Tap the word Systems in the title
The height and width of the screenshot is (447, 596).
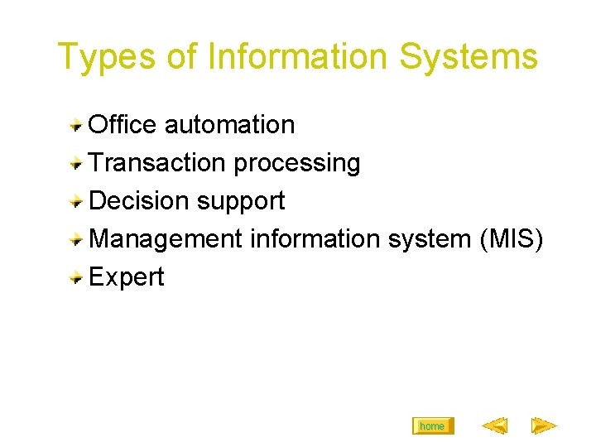click(x=469, y=58)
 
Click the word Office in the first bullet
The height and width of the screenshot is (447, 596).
click(x=123, y=125)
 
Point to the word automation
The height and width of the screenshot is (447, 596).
click(x=229, y=125)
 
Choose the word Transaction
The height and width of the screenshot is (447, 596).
click(x=157, y=163)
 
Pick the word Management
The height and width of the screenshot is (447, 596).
click(x=166, y=240)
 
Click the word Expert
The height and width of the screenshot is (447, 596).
click(x=126, y=278)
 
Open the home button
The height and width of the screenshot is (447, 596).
click(x=432, y=426)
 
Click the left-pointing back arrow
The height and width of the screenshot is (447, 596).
click(x=494, y=426)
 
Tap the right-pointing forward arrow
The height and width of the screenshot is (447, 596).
click(x=544, y=426)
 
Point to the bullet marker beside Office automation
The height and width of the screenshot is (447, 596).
click(x=76, y=126)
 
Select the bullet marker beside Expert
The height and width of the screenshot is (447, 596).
click(x=76, y=278)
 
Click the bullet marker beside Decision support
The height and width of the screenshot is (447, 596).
click(x=76, y=202)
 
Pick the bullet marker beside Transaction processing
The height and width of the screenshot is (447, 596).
click(x=76, y=164)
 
